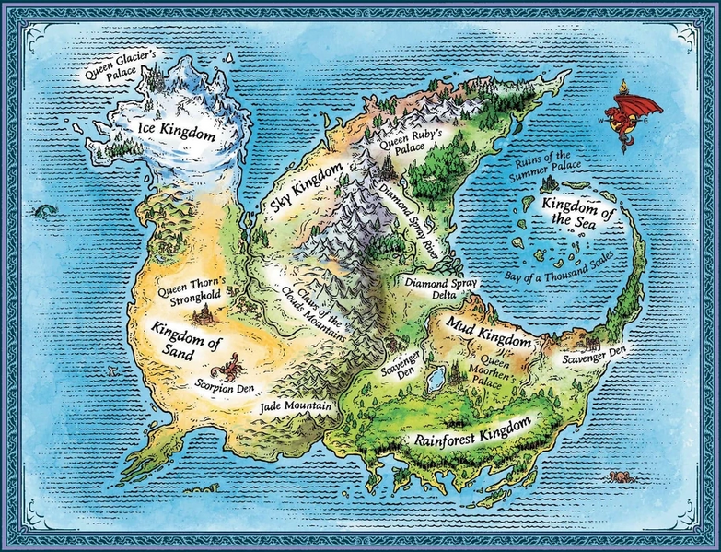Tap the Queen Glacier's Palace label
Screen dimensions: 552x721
coord(121,69)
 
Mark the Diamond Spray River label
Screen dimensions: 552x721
coord(406,217)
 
